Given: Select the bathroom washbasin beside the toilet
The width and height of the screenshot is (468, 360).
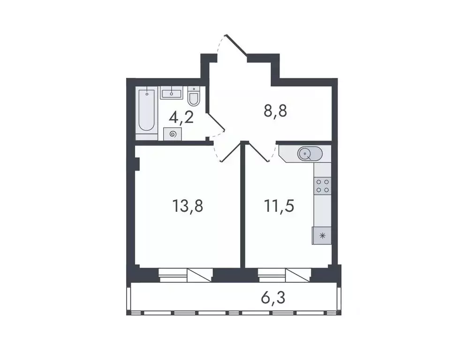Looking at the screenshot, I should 172,92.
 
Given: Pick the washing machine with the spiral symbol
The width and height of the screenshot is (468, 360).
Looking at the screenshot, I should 173,134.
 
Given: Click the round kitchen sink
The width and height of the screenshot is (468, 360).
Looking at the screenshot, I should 306,153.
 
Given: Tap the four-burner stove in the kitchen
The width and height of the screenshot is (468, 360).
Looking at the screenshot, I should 322,186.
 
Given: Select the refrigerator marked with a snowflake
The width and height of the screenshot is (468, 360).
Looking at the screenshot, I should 322,235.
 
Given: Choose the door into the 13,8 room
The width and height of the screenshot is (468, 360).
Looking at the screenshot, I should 230,152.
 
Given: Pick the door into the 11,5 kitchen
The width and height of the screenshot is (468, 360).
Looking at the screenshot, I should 257,151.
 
